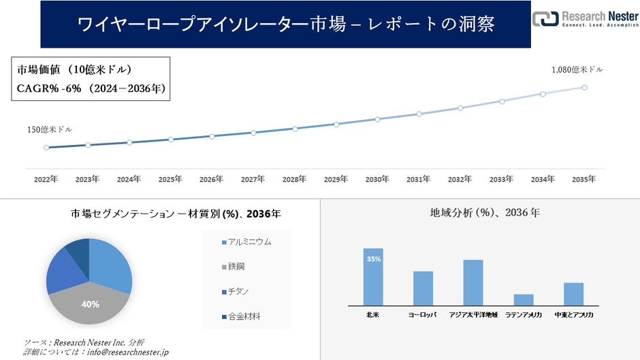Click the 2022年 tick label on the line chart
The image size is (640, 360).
[46, 179]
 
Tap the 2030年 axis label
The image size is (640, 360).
[377, 179]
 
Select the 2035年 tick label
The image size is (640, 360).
[583, 179]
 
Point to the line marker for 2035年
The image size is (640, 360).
[584, 87]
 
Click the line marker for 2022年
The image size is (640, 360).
[46, 147]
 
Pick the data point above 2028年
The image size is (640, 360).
[294, 129]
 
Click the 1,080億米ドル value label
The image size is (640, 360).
[577, 69]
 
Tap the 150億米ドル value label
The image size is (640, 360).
[50, 129]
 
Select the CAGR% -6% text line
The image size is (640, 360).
[90, 88]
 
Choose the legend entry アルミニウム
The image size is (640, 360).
[249, 242]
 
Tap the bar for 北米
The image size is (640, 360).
[373, 277]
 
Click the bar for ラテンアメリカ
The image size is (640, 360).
[524, 299]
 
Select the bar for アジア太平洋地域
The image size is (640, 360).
[473, 282]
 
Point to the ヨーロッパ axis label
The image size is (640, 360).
[423, 315]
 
